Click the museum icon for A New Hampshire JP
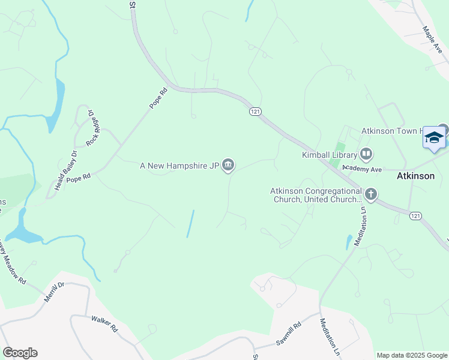coord(228,165)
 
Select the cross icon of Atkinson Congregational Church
coord(371,194)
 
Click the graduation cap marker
coord(434,139)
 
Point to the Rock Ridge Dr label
coord(92,127)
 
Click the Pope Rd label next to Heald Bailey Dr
coord(78,178)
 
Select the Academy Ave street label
coord(362,169)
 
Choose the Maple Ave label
coord(432,40)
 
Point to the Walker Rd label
coord(104,324)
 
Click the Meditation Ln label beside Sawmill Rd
coord(330,338)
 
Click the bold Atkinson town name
coord(415,177)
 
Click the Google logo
coord(20,353)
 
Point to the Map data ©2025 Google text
coord(411,355)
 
